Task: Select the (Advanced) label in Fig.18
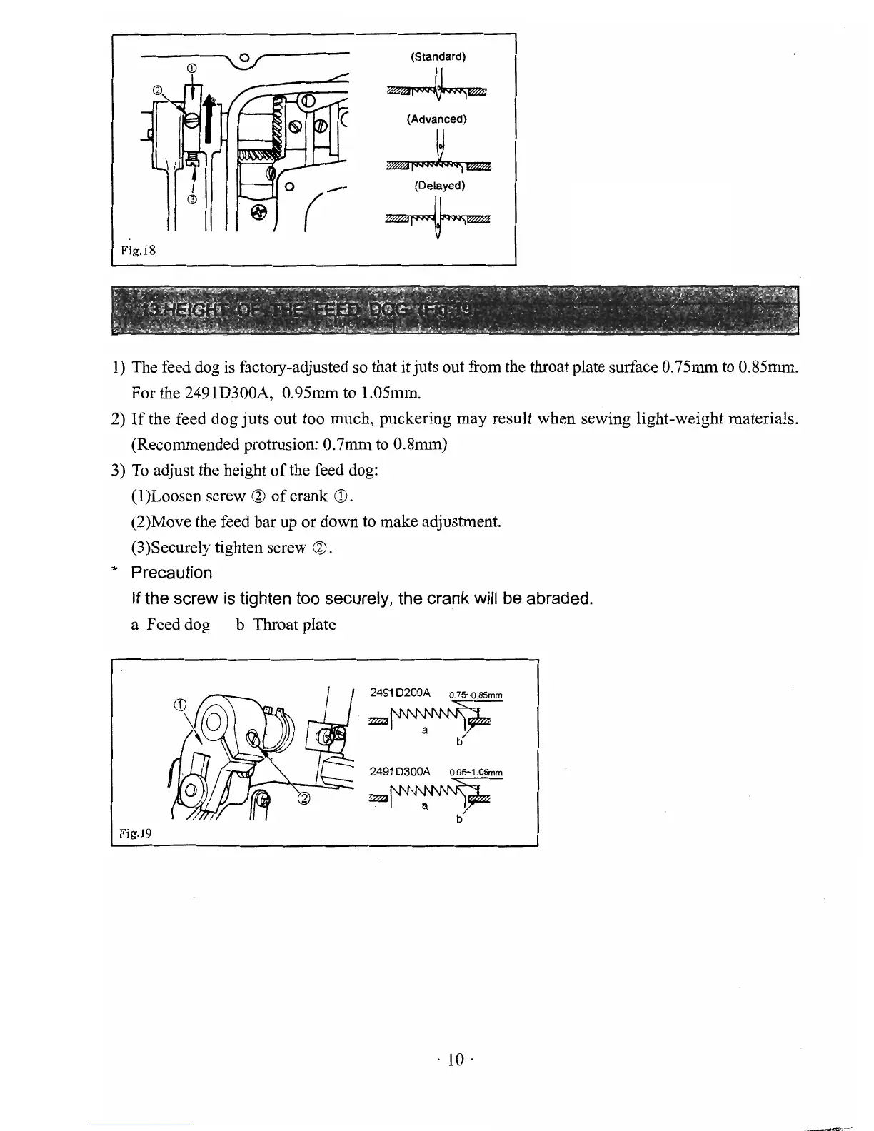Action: (436, 119)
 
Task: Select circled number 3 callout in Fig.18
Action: (191, 199)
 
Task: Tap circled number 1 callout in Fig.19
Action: (180, 705)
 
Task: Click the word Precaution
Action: (171, 573)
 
